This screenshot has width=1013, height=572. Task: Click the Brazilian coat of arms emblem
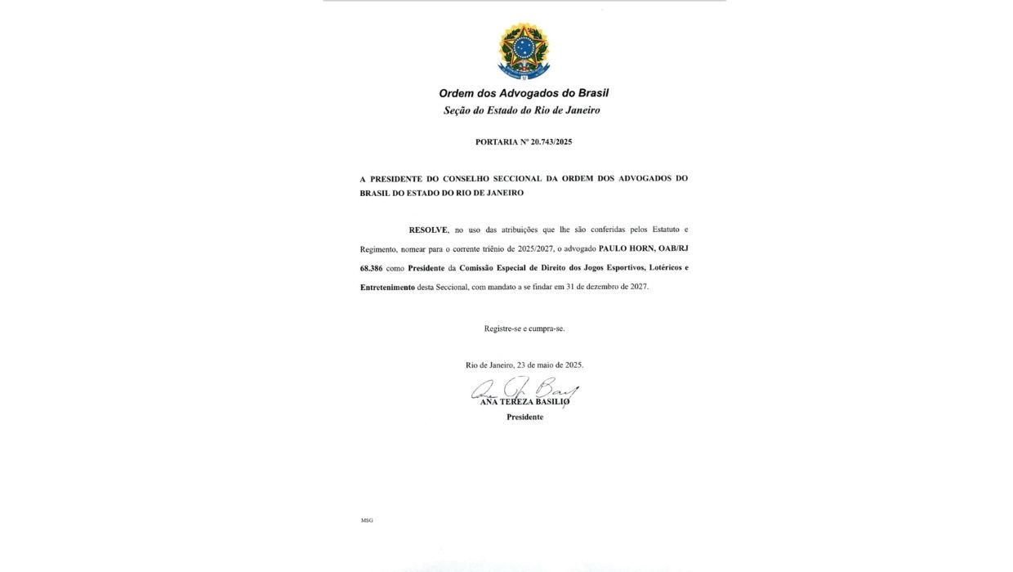[524, 51]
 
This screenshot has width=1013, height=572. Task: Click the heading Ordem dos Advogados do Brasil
[524, 93]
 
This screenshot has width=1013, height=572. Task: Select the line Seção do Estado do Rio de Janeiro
[521, 110]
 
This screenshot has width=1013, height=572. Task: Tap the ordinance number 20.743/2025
[551, 142]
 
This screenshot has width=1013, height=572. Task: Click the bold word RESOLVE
[429, 230]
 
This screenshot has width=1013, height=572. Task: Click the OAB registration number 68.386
[373, 268]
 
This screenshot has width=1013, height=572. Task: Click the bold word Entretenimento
[387, 288]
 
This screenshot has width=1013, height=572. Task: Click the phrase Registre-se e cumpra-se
[524, 328]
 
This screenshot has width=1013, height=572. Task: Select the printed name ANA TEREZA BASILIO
[524, 402]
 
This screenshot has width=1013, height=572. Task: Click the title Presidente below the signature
[524, 417]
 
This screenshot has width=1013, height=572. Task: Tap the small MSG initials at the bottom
[367, 521]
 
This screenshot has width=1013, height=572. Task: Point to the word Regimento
[379, 248]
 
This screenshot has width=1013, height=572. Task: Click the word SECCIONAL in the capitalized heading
[519, 178]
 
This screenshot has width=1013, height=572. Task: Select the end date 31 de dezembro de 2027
[600, 288]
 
